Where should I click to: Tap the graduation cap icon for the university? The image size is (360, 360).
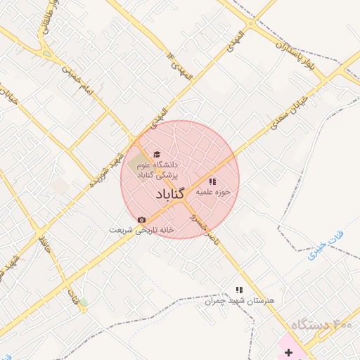[x=156, y=154]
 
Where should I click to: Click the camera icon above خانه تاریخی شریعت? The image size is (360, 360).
[x=141, y=220]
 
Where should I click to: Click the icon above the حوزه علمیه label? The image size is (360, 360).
[x=212, y=181]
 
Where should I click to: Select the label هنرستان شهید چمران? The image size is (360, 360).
[x=238, y=300]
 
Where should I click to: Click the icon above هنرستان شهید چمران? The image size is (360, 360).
[x=239, y=289]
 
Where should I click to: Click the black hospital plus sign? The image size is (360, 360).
[x=288, y=351]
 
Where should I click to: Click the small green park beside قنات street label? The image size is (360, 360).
[x=84, y=303]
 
